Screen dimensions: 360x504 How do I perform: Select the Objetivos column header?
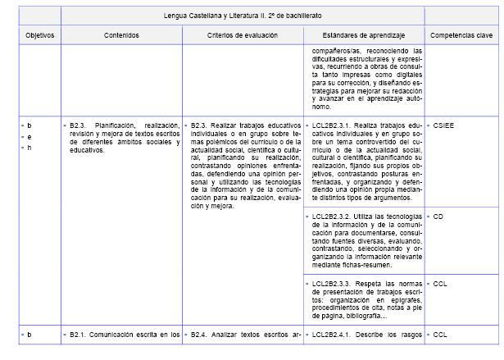(x=39, y=35)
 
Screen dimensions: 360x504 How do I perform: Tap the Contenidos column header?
(x=121, y=35)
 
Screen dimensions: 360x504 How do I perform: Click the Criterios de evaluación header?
(x=243, y=35)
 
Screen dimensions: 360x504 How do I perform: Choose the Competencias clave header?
(x=461, y=35)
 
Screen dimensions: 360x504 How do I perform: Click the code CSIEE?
(x=443, y=125)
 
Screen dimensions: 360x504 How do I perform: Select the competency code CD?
(x=438, y=216)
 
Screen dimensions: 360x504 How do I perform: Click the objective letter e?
(x=30, y=137)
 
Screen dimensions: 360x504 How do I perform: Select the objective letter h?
(x=30, y=148)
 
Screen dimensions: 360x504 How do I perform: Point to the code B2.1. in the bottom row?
(x=79, y=335)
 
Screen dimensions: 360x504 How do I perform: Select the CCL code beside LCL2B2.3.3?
(x=440, y=283)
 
